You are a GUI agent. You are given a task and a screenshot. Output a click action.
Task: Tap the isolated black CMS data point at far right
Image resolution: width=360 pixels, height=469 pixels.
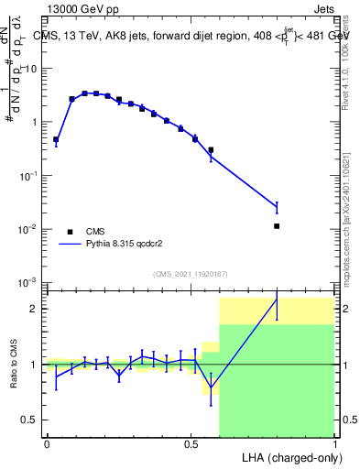277,225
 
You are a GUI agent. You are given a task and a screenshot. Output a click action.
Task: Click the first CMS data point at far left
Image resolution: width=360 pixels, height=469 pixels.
56,140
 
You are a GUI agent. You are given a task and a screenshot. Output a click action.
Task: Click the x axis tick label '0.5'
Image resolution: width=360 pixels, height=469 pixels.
190,444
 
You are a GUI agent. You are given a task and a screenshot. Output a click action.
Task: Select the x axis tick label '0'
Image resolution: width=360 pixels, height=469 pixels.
47,444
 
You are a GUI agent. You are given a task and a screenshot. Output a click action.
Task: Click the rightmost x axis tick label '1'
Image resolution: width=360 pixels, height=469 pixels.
334,444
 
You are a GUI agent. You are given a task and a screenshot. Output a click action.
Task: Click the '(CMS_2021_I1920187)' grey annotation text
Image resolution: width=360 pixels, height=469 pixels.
190,273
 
